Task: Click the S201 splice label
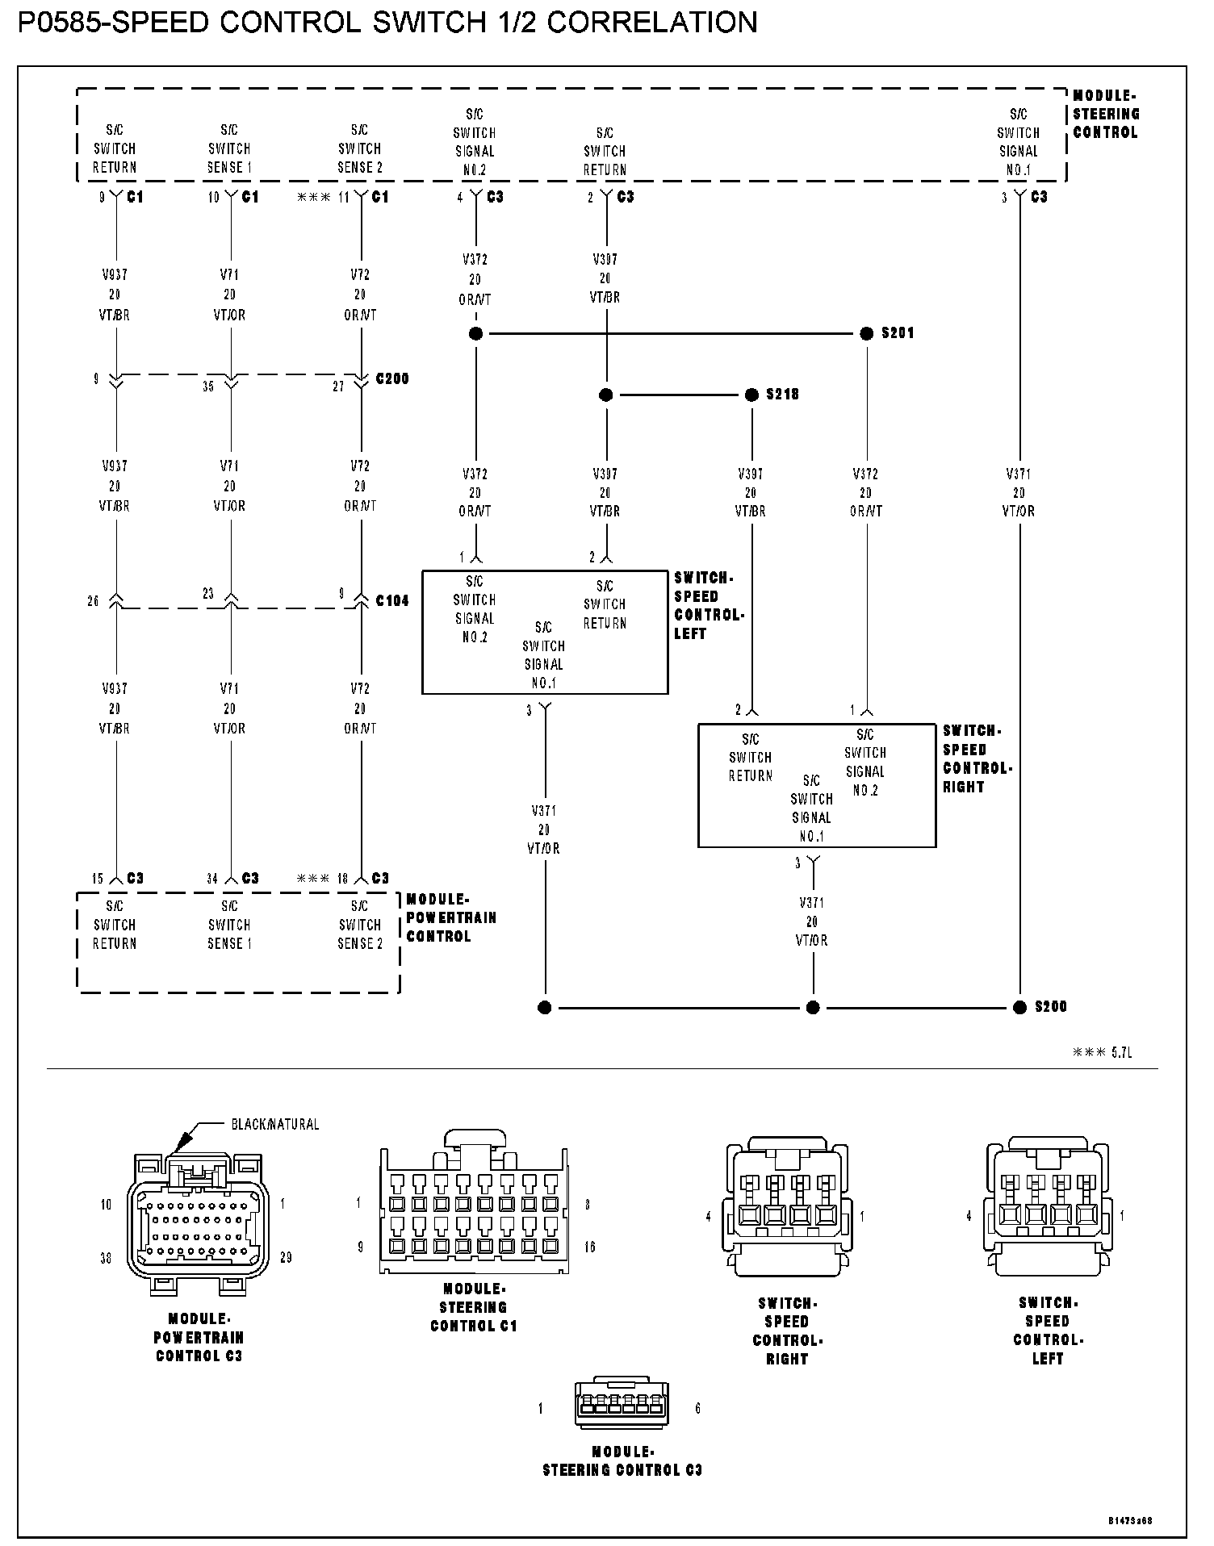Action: (898, 333)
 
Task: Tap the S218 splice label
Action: (782, 395)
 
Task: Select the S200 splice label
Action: (1051, 1007)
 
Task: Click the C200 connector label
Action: (392, 378)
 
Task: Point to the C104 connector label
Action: (392, 601)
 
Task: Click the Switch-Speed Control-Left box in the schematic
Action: (545, 633)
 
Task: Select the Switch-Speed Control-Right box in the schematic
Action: (816, 785)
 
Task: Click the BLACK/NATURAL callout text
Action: (275, 1124)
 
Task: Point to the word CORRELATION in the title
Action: (652, 23)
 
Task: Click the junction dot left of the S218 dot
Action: (606, 395)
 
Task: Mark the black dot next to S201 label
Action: (867, 333)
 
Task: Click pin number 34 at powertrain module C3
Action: (212, 879)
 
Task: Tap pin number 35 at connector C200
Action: (208, 386)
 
